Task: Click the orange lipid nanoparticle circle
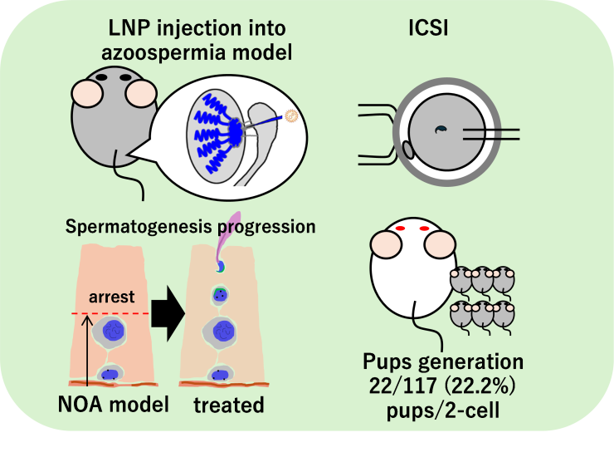[x=290, y=116]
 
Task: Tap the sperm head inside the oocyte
[x=442, y=129]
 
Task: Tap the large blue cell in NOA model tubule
[x=110, y=332]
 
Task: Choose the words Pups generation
[x=442, y=363]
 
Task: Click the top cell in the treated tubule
[x=221, y=268]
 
